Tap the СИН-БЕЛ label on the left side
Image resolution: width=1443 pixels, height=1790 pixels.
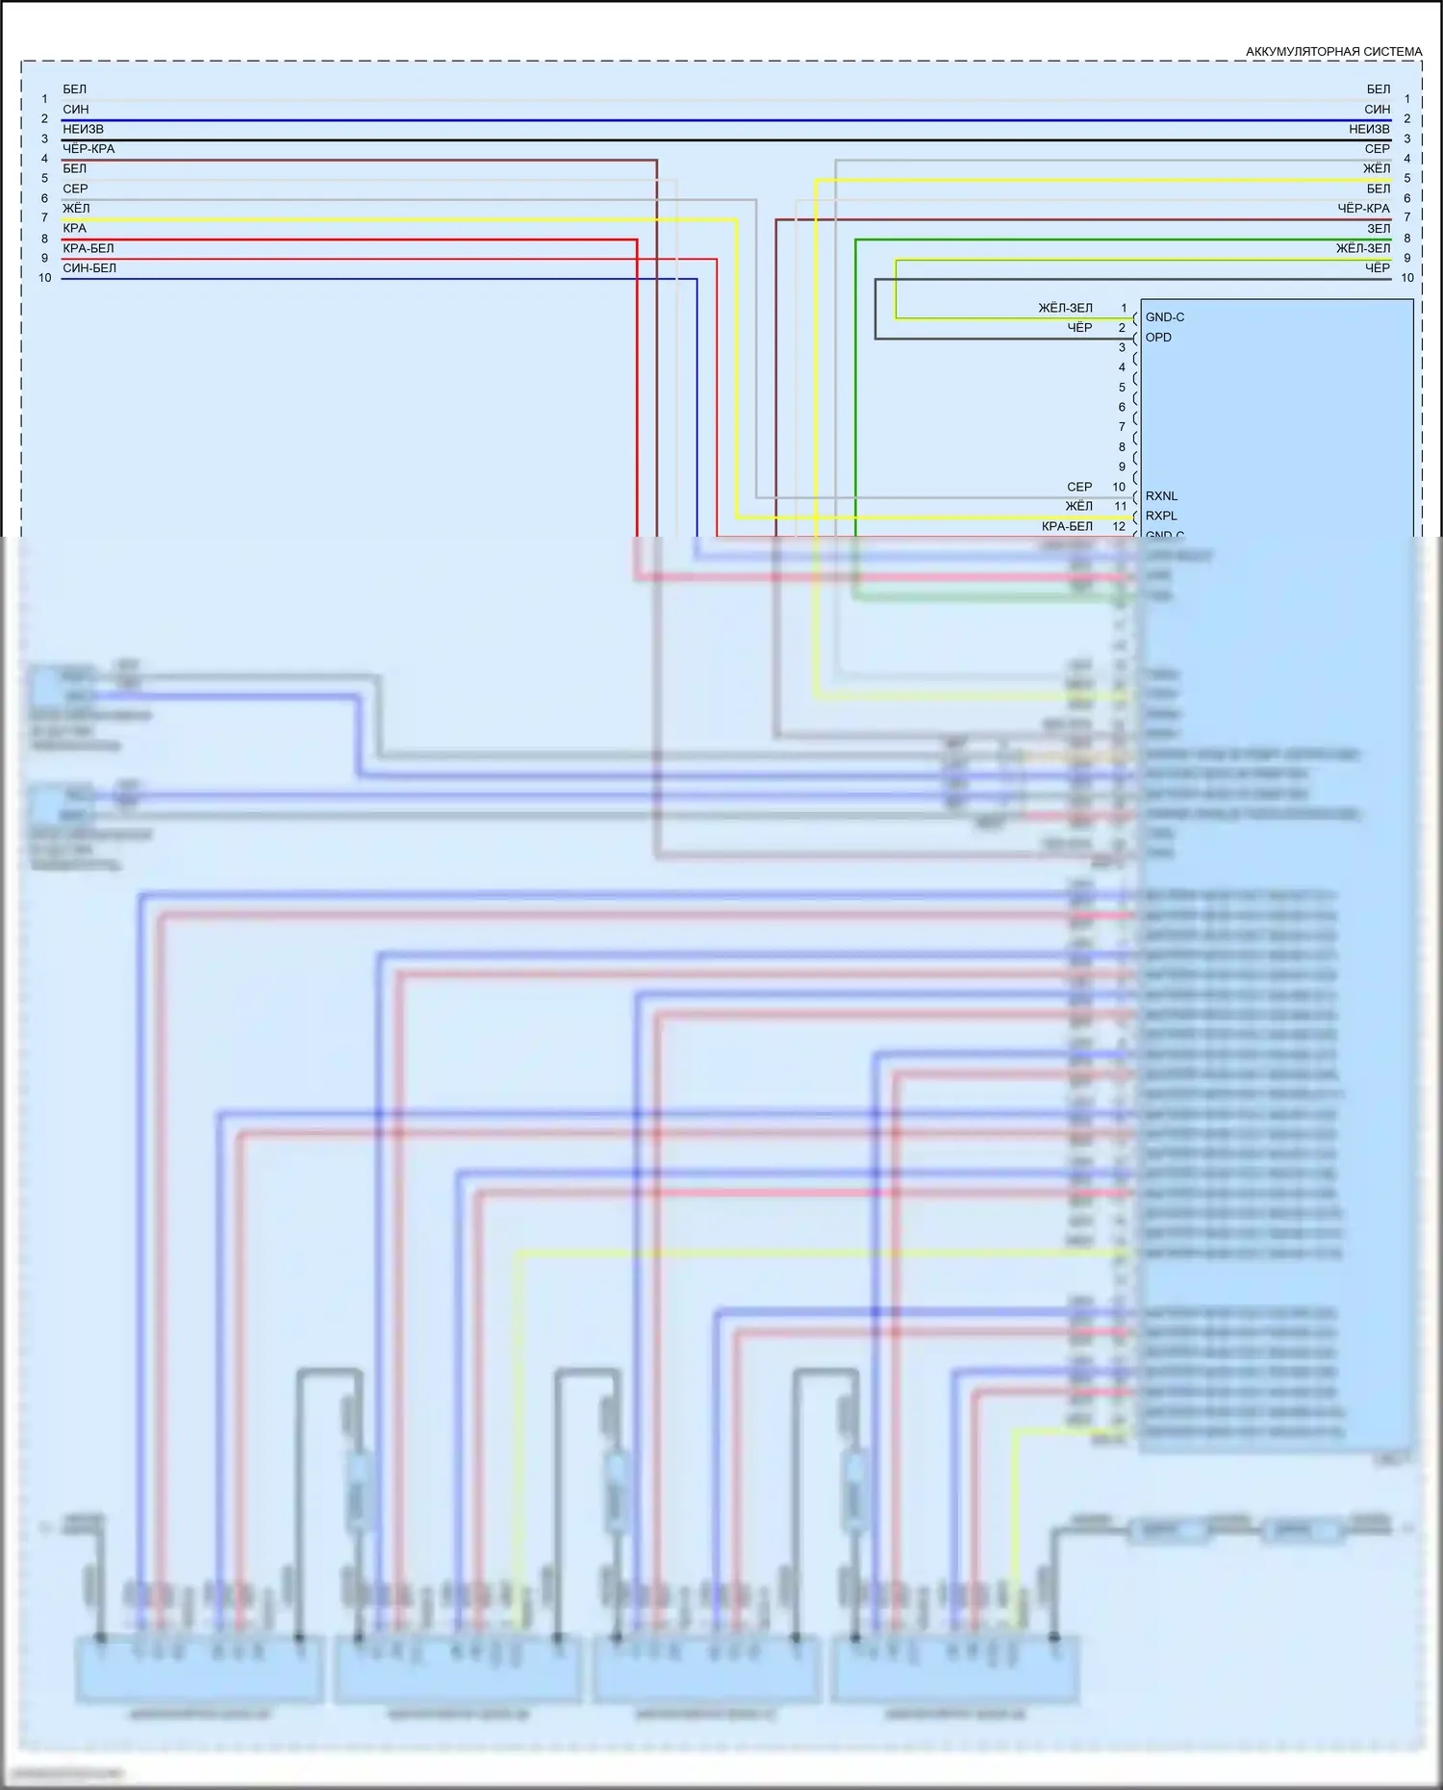[89, 268]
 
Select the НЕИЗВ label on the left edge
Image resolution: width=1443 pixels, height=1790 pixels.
[83, 129]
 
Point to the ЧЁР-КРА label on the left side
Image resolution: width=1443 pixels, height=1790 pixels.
[89, 149]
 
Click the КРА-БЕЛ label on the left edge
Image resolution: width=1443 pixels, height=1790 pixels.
[89, 248]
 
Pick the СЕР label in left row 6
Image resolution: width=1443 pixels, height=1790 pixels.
[75, 189]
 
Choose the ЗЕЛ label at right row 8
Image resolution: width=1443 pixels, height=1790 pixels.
[1379, 229]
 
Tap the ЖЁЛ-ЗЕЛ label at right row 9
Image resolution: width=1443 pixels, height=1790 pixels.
[1362, 248]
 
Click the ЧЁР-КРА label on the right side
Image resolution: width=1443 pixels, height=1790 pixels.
[1363, 209]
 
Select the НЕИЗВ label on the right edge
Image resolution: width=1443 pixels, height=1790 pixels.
[1369, 129]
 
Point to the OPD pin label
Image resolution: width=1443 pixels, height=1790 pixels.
[1158, 338]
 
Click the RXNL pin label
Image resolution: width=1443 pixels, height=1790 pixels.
[1161, 496]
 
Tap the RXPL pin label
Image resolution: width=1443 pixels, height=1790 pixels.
[1161, 516]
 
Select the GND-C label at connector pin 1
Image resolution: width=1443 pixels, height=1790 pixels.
[1165, 317]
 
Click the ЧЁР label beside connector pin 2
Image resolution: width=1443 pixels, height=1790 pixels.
[1079, 328]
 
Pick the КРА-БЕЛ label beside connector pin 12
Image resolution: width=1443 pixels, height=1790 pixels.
[1067, 527]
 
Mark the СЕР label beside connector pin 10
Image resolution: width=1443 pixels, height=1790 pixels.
[1079, 487]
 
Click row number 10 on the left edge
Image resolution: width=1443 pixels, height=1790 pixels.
[45, 278]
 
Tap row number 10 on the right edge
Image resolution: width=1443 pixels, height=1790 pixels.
[1407, 278]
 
